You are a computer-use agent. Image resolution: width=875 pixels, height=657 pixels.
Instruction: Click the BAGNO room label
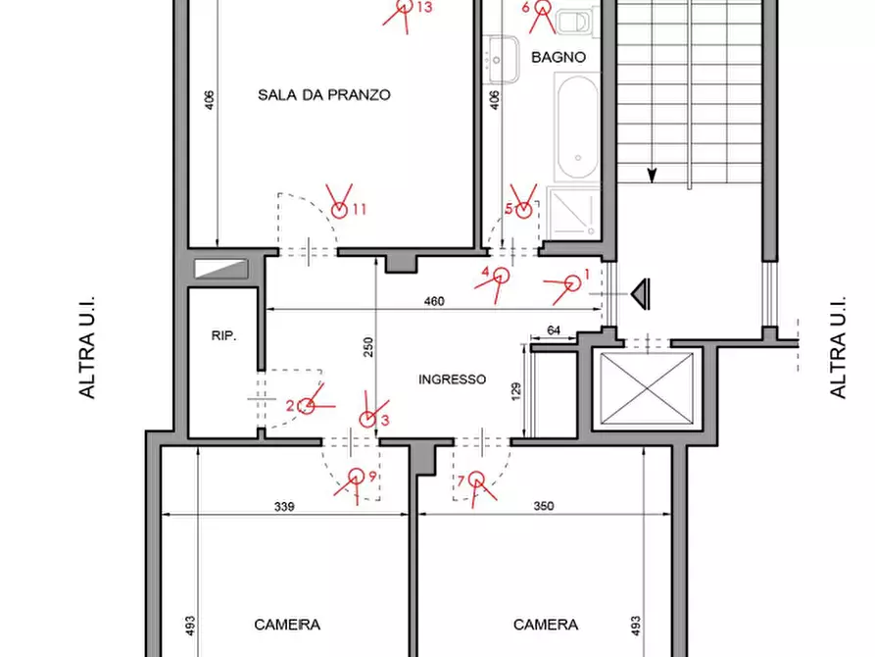[559, 57]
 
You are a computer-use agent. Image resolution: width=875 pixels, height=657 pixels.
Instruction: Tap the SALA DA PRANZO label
[323, 94]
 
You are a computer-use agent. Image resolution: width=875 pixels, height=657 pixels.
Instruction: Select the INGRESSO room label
[452, 379]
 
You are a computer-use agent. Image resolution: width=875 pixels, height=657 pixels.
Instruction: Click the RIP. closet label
[223, 335]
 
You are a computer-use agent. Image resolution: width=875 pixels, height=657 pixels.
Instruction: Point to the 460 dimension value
[434, 301]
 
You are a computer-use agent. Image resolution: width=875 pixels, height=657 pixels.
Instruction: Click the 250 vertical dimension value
[367, 347]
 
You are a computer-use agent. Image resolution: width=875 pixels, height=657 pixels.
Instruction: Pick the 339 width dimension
[284, 506]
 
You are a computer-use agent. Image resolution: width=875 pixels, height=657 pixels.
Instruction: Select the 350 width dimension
[544, 506]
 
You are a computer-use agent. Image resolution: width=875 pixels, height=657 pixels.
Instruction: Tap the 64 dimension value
[554, 330]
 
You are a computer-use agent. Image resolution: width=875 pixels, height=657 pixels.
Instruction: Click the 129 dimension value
[515, 390]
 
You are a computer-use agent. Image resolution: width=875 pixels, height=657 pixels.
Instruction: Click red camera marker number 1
[572, 283]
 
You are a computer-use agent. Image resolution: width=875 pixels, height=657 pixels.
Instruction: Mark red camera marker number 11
[339, 210]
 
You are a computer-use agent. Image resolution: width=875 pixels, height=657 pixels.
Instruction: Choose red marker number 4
[501, 276]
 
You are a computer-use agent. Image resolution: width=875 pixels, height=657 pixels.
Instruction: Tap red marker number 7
[476, 480]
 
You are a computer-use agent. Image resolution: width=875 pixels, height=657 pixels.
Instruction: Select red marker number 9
[356, 478]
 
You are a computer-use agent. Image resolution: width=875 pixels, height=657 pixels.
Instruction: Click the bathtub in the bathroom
[577, 127]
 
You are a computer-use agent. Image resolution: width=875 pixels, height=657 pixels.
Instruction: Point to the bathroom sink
[502, 60]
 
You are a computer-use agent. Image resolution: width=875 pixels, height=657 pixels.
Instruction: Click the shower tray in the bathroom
[573, 212]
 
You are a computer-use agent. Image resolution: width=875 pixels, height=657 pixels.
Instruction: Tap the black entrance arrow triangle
[641, 293]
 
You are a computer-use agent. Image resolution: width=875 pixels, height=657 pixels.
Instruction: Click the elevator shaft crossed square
[646, 389]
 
